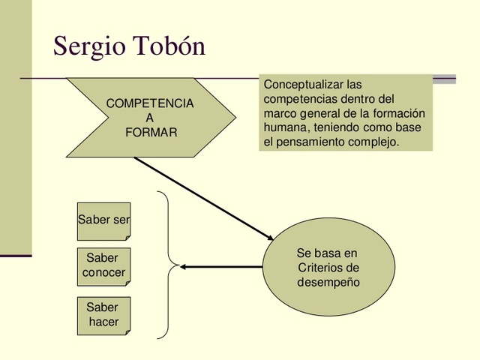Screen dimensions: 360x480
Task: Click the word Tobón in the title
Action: click(x=169, y=46)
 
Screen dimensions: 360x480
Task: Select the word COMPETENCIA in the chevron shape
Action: click(x=150, y=103)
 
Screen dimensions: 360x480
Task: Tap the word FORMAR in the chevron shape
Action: click(x=151, y=132)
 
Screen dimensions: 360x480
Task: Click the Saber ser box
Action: click(x=104, y=220)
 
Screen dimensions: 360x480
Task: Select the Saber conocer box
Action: click(x=104, y=265)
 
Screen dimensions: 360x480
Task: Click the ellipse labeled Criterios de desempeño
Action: click(x=328, y=267)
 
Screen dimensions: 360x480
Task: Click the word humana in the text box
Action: click(x=283, y=127)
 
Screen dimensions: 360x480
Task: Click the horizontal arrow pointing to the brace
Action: click(x=221, y=266)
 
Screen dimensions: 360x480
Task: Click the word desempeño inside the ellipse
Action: click(x=328, y=283)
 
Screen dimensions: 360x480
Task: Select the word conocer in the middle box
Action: click(x=104, y=273)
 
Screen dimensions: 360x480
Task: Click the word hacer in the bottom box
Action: click(x=103, y=322)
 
